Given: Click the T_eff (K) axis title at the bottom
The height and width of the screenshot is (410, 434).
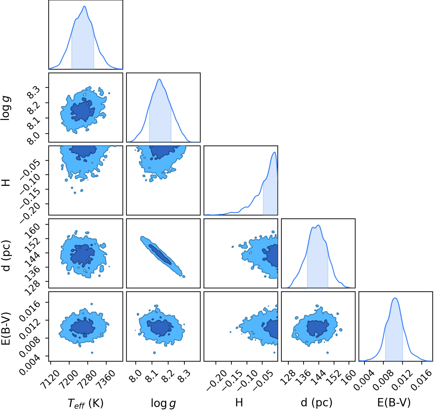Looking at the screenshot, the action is pos(85,403).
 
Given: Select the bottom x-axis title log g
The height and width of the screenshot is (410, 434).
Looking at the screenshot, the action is pos(163,403).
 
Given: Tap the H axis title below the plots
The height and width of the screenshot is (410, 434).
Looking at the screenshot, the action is pos(239,402).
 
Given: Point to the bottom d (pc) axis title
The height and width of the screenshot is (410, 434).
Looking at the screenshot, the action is pos(316,403).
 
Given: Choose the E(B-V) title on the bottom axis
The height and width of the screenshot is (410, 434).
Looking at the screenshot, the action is pos(394,403).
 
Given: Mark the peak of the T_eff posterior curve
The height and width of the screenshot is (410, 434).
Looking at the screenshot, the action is pos(84,6).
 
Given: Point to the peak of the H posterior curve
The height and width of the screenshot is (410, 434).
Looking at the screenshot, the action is pos(274,152).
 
